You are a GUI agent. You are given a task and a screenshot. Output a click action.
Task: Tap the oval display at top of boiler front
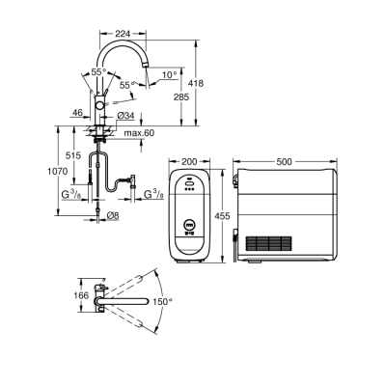(189, 178)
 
